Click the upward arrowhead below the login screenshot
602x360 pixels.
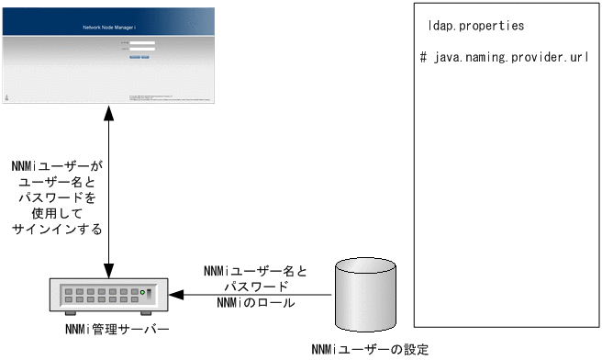pos(109,111)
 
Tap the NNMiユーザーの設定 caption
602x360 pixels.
pos(370,349)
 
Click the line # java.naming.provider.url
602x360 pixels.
pos(504,57)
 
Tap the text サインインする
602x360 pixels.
pos(58,228)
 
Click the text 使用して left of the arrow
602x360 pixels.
pos(58,212)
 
